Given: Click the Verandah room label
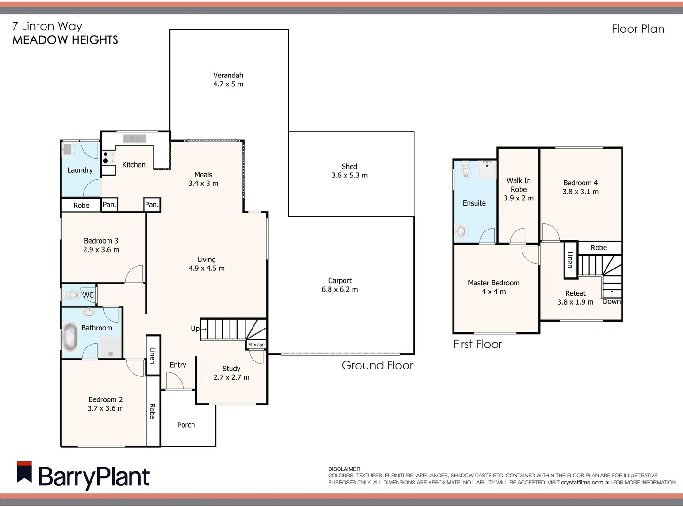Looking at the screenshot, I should pos(228,75).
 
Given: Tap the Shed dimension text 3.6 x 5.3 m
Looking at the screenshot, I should pos(349,176).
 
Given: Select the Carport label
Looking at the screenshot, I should pos(339,280).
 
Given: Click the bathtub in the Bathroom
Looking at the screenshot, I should pos(70,337).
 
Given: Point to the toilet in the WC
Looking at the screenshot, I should pos(72,295).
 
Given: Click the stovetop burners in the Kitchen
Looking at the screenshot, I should pos(108,157).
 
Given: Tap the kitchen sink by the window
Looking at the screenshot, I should pos(134,138).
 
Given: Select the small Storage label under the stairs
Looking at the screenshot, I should pos(256,345).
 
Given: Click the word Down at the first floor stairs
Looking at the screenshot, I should pos(612,301).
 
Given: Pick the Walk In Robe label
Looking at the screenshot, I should pos(519,185).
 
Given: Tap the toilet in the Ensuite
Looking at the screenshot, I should pos(465,171).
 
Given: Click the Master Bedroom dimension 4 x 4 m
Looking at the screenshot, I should pos(493,292).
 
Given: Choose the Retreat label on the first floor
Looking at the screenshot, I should pos(575,293).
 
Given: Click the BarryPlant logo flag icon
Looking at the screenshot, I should pos(24,472).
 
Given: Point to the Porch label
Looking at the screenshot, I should pos(186,425).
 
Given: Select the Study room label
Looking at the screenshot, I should pos(231,369).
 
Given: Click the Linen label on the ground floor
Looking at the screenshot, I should pos(153,355).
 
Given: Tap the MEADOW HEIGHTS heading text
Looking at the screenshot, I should pos(65,40).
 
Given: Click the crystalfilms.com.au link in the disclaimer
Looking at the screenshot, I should pos(586,482).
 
